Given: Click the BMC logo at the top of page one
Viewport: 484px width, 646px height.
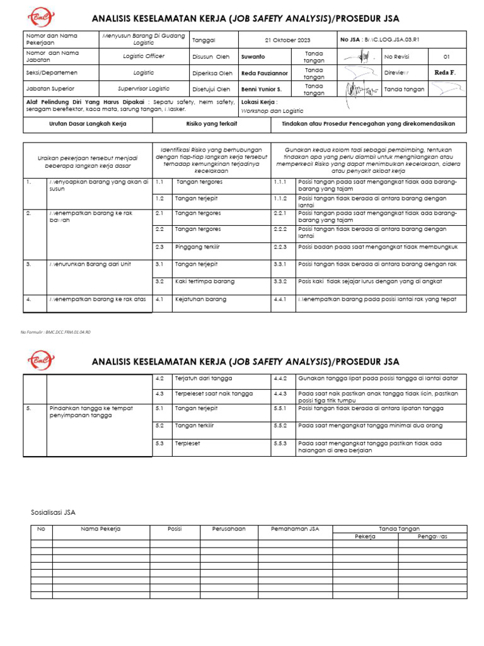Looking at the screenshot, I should point(41,17).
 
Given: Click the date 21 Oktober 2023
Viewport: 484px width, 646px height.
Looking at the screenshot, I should point(287,39).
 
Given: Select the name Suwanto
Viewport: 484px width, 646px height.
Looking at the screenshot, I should point(253,56).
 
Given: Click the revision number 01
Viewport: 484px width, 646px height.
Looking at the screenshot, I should point(447,56).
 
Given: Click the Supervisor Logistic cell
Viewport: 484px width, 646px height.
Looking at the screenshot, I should point(143,89).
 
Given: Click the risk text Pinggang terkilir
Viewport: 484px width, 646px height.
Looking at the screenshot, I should point(197,247).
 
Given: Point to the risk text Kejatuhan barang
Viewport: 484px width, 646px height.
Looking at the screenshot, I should point(200,299).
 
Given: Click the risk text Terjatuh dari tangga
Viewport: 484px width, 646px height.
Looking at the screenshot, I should point(204,379).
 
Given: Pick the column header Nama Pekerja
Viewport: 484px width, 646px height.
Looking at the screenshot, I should point(101,529).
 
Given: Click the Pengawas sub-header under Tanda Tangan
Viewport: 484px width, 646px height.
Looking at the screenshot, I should point(432,536).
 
